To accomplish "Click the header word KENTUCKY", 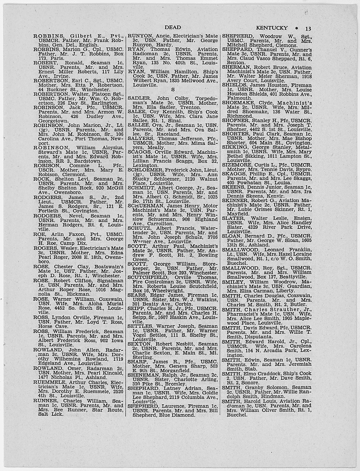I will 272,28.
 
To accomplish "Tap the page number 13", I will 308,29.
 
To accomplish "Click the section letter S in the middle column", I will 173,89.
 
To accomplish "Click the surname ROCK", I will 41,179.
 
